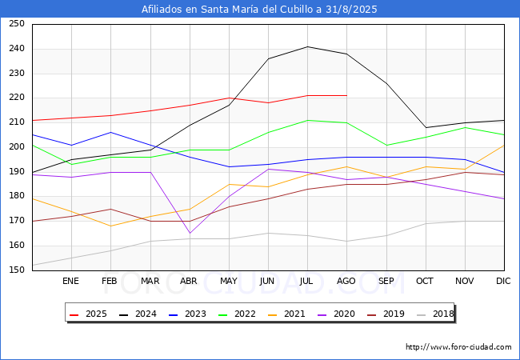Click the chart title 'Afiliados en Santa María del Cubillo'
(231, 10)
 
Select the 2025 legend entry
(88, 314)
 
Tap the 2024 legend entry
(138, 314)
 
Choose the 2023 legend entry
(188, 314)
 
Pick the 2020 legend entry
(336, 314)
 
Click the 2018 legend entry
(435, 314)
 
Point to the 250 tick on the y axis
(17, 23)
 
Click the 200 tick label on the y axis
(17, 147)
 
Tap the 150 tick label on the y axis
(17, 270)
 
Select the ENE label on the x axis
(70, 281)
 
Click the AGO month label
(346, 281)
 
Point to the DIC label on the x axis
(503, 281)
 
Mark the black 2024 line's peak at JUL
(308, 46)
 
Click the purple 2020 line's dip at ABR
(190, 234)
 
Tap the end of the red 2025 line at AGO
(347, 95)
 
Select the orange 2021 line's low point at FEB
(110, 226)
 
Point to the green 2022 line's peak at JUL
(308, 120)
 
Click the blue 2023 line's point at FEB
(110, 132)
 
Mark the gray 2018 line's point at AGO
(347, 241)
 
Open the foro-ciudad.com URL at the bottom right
(458, 347)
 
